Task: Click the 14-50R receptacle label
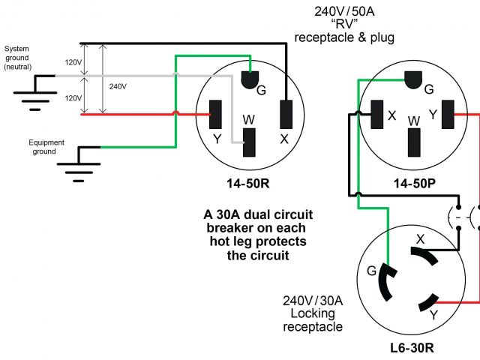pyautogui.click(x=248, y=183)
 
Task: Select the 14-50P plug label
pyautogui.click(x=414, y=183)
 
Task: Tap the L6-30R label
pyautogui.click(x=412, y=348)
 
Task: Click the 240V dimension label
pyautogui.click(x=118, y=87)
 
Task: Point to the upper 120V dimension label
pyautogui.click(x=73, y=62)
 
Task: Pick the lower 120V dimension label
pyautogui.click(x=73, y=98)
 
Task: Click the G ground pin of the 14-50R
pyautogui.click(x=250, y=79)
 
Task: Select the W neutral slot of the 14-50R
pyautogui.click(x=249, y=142)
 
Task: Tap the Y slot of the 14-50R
pyautogui.click(x=215, y=115)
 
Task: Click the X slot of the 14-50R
pyautogui.click(x=286, y=115)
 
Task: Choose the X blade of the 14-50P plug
pyautogui.click(x=376, y=115)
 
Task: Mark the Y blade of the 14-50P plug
pyautogui.click(x=448, y=115)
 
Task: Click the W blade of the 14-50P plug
pyautogui.click(x=414, y=142)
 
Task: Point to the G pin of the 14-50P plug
pyautogui.click(x=413, y=79)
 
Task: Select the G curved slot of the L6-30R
pyautogui.click(x=385, y=282)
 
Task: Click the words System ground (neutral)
pyautogui.click(x=17, y=58)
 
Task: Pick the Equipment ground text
pyautogui.click(x=46, y=147)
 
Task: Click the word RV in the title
pyautogui.click(x=344, y=24)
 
